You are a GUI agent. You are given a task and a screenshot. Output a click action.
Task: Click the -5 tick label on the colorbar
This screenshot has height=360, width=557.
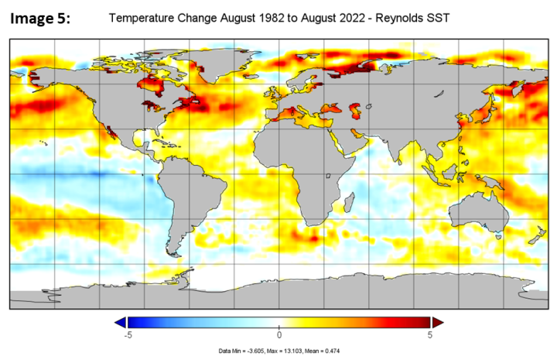click(127, 335)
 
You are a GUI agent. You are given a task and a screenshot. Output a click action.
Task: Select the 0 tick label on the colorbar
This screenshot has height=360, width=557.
click(279, 335)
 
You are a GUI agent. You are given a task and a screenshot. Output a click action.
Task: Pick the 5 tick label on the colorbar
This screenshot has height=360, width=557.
click(430, 335)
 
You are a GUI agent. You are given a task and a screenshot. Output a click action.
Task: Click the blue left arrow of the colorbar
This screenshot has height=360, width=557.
click(119, 322)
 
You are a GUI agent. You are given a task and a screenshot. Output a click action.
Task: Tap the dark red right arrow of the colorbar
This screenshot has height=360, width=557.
click(437, 322)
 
